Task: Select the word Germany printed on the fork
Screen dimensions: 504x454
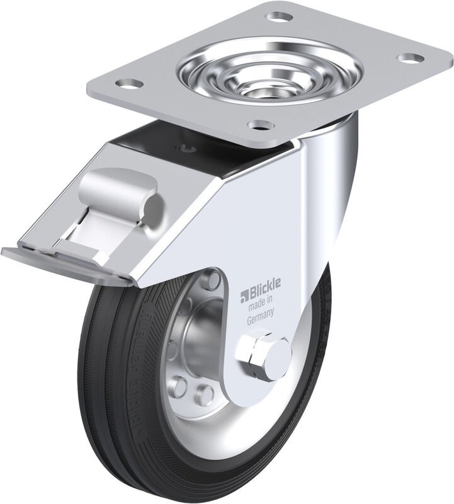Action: pos(260,318)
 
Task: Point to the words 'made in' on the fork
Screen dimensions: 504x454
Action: pos(259,306)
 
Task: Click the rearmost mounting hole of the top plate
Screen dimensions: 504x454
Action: pos(279,16)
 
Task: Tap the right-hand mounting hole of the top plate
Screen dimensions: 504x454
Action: pos(411,58)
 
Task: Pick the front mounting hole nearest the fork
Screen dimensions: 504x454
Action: pos(260,124)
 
